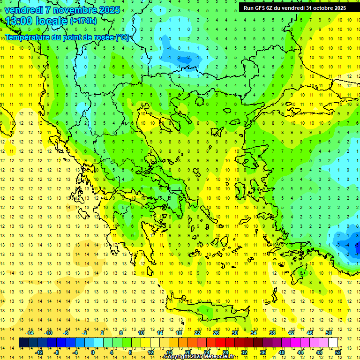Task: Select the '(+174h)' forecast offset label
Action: point(83,21)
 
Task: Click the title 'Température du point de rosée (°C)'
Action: point(67,37)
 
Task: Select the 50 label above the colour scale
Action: point(328,333)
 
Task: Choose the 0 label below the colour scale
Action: point(93,352)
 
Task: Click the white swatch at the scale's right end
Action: point(333,343)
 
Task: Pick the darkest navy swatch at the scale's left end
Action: point(23,343)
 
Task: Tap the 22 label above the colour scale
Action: point(197,333)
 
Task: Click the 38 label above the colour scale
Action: point(272,333)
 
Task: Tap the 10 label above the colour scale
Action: point(141,333)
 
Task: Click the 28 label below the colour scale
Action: point(225,352)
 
